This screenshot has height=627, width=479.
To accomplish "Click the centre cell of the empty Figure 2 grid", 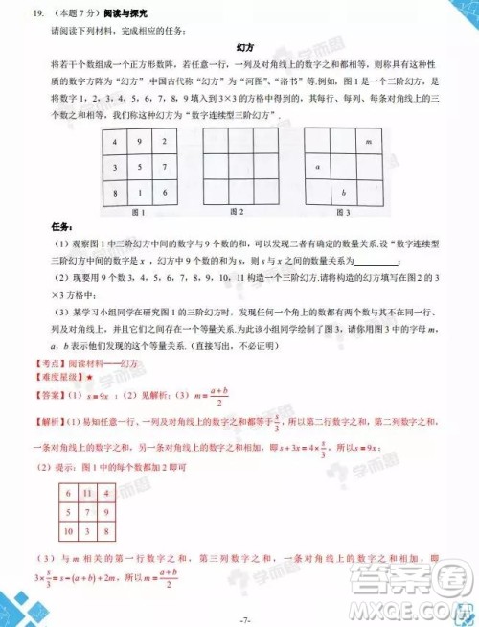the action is click(x=239, y=167).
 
